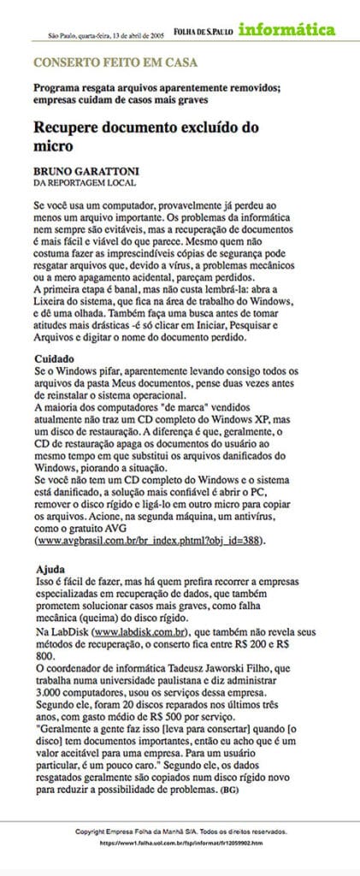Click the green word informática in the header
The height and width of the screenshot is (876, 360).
tap(286, 30)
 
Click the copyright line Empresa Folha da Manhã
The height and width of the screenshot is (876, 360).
tap(180, 831)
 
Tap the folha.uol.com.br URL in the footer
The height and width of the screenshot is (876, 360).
tap(180, 843)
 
